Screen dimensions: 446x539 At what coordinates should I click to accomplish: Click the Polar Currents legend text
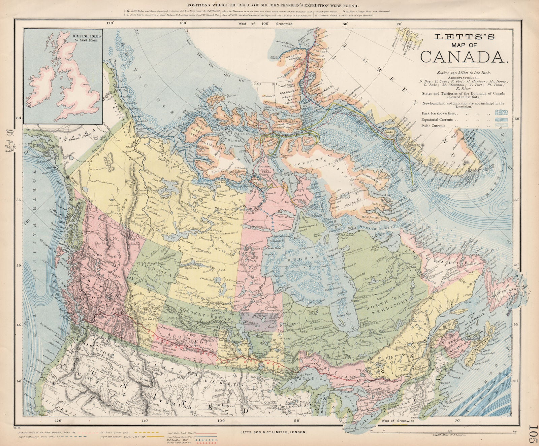coord(433,126)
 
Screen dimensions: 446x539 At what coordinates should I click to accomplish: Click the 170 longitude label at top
coord(109,24)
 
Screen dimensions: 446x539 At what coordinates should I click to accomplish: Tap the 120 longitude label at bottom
coord(58,420)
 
